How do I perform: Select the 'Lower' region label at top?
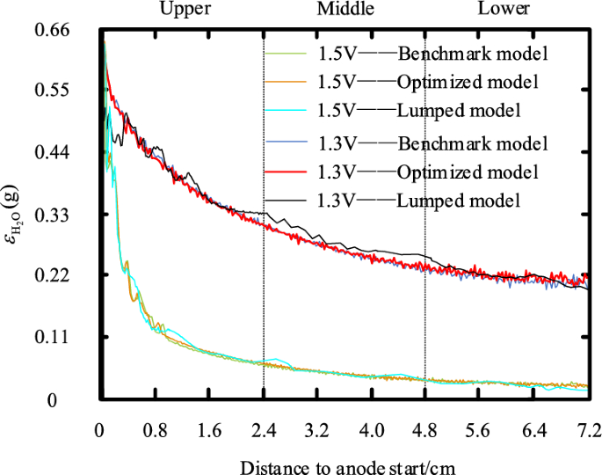pyautogui.click(x=504, y=9)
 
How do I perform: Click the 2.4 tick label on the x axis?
pyautogui.click(x=263, y=431)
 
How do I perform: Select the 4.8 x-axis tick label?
pyautogui.click(x=425, y=431)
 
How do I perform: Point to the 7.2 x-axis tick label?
pyautogui.click(x=588, y=431)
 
